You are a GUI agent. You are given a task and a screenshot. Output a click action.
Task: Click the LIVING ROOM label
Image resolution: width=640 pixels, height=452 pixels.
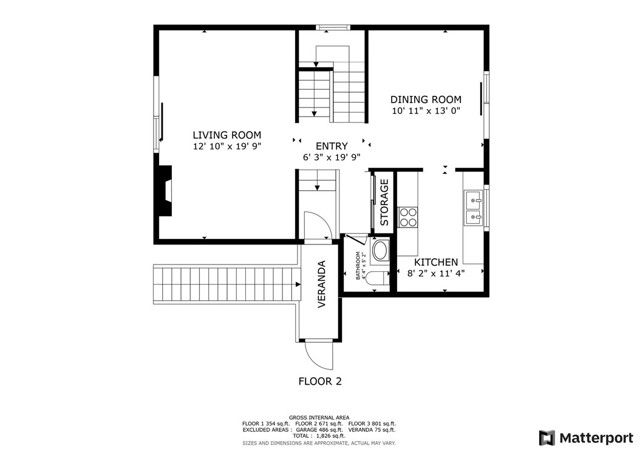click(x=227, y=134)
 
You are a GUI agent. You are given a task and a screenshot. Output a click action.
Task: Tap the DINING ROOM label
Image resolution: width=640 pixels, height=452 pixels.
click(x=426, y=99)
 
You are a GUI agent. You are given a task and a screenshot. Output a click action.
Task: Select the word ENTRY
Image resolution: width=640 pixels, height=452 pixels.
click(x=332, y=145)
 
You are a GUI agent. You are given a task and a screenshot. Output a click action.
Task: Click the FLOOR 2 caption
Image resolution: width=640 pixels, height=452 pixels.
click(x=320, y=381)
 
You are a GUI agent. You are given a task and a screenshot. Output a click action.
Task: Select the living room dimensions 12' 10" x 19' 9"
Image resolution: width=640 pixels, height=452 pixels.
click(x=227, y=147)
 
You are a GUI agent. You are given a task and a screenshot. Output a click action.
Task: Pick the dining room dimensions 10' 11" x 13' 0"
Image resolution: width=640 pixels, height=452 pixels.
click(x=427, y=112)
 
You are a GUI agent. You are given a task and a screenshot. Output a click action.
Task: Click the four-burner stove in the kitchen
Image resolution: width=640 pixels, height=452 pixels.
click(x=408, y=216)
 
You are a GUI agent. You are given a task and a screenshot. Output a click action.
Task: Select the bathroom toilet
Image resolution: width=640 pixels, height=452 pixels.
click(x=380, y=251)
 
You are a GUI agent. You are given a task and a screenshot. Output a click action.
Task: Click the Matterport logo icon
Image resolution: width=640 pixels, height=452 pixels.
click(x=546, y=437)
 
